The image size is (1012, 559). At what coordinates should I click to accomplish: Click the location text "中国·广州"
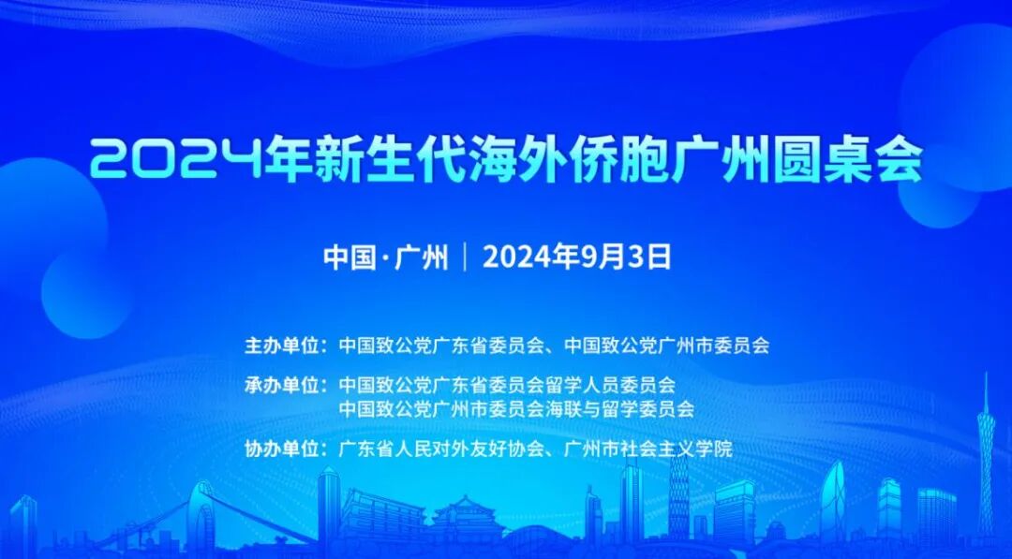[385, 257]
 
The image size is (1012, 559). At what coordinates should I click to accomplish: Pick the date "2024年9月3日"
[577, 257]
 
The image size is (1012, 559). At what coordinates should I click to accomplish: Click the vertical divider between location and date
[466, 257]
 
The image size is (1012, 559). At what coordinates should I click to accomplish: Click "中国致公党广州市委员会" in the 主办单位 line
[667, 345]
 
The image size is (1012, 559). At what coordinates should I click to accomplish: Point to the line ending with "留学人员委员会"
[507, 385]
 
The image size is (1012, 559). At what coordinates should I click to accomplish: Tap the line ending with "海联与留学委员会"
[516, 408]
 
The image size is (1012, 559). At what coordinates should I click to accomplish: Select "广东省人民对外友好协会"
[442, 449]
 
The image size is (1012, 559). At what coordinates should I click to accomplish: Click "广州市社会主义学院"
[649, 449]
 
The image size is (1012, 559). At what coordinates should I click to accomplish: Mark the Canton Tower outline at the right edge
[985, 459]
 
